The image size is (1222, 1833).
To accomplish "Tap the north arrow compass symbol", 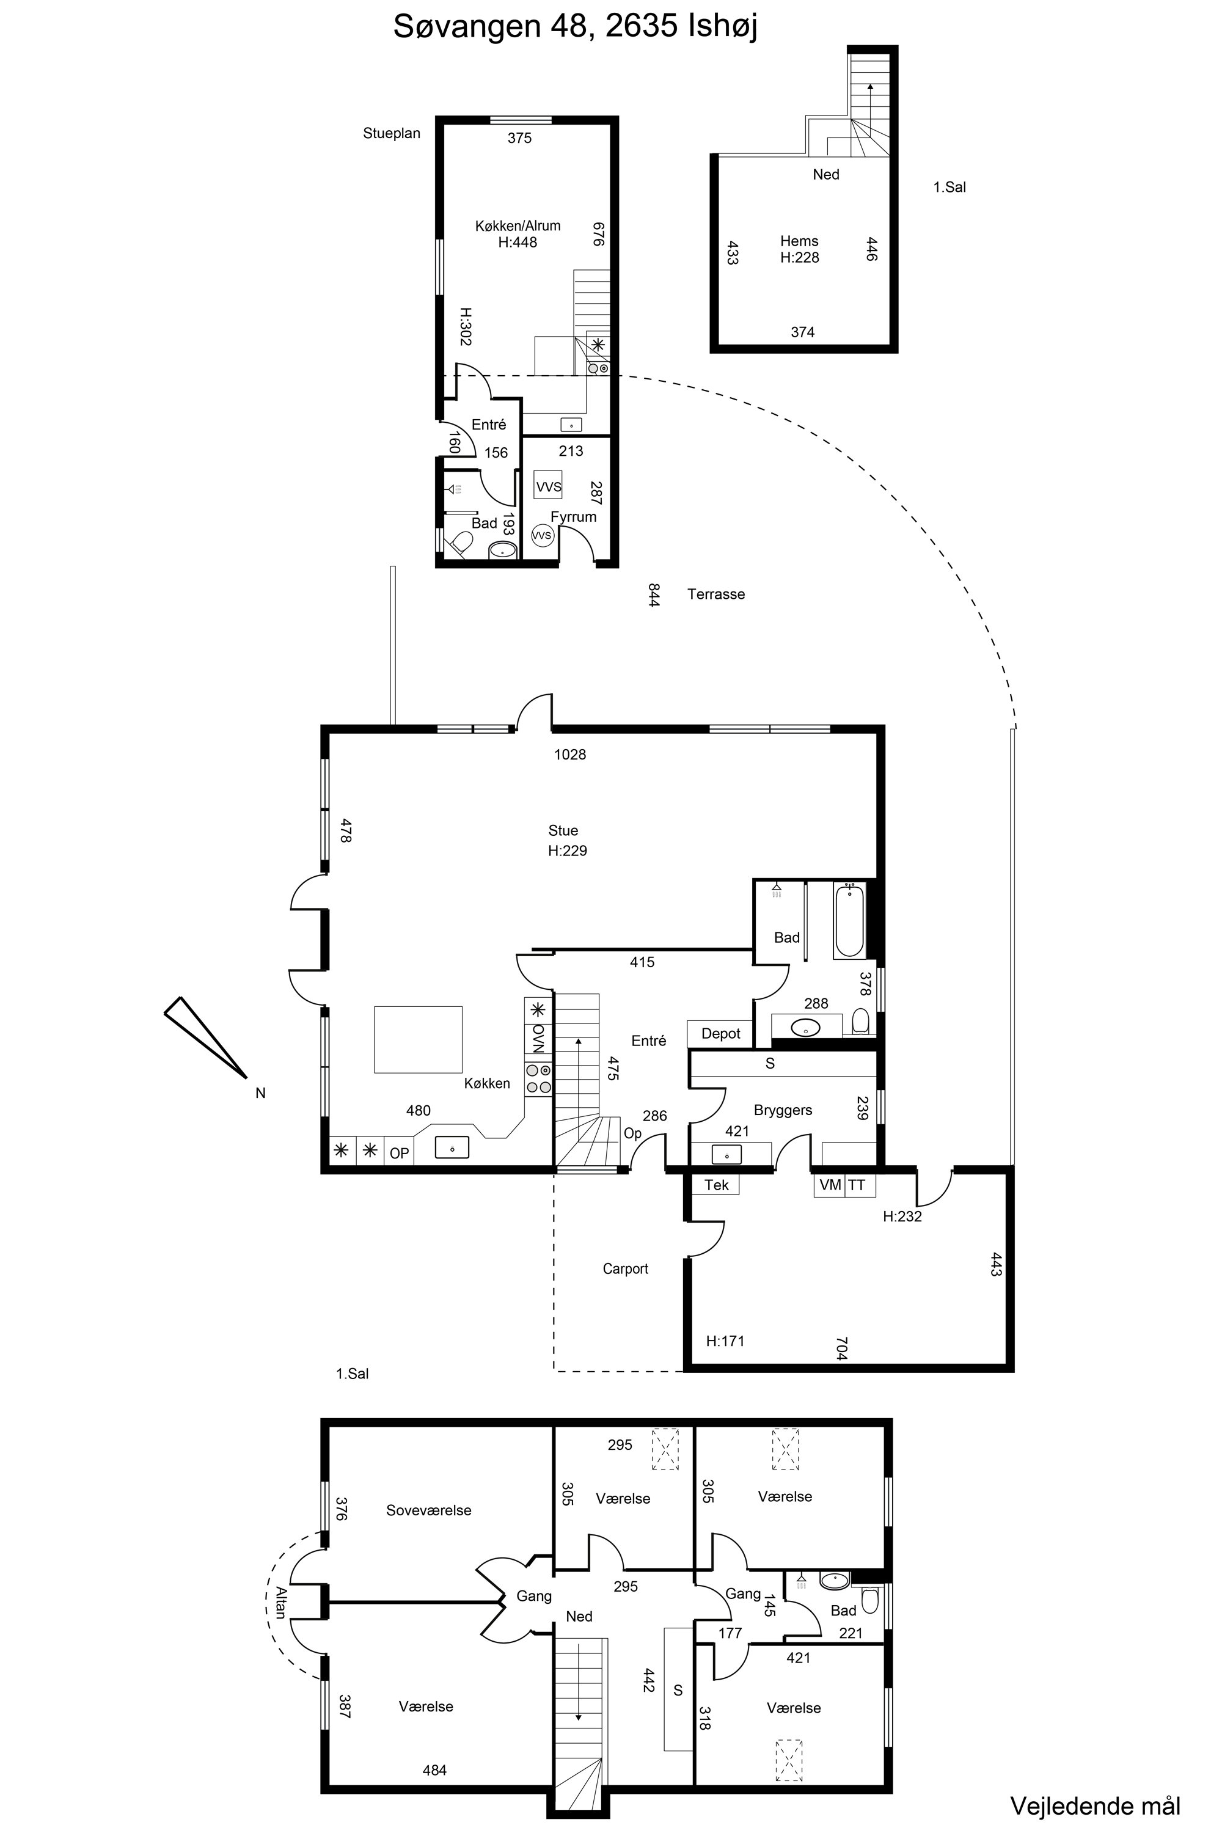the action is (206, 1037).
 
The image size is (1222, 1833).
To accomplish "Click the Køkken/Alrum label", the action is (518, 226).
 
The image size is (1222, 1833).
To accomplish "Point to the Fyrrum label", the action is (573, 517).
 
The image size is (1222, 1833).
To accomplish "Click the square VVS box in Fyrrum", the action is (549, 486).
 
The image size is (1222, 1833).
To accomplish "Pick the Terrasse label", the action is (715, 594).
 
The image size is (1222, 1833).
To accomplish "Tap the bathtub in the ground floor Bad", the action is (849, 920).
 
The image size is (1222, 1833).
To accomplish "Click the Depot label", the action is (720, 1033).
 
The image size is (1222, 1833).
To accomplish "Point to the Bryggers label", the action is (783, 1110).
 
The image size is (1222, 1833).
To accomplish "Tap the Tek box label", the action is (716, 1185).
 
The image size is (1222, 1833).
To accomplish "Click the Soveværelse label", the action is (429, 1510).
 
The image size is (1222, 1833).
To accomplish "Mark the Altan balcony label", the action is (280, 1602).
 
